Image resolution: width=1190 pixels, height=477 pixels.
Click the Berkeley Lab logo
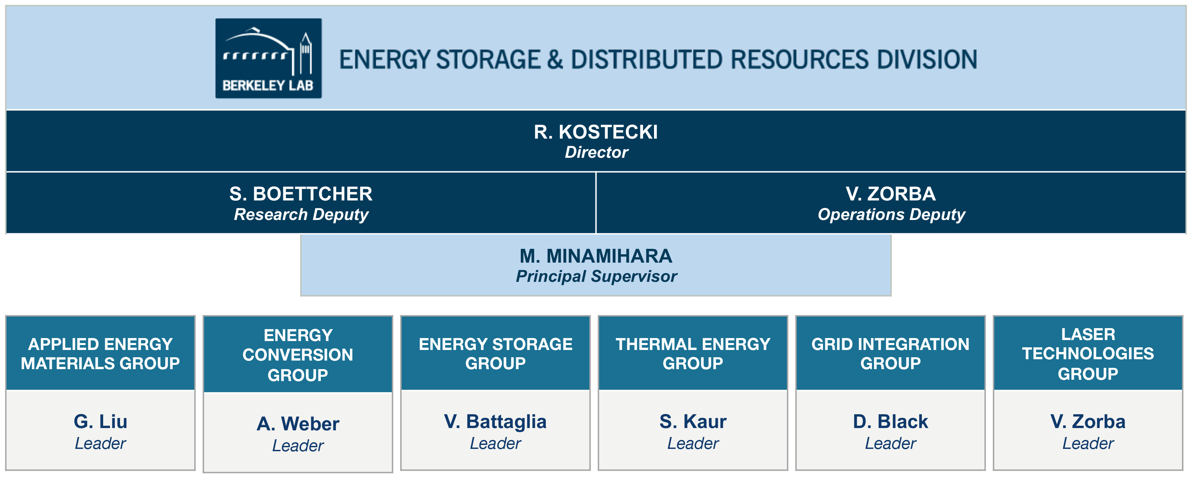point(268,58)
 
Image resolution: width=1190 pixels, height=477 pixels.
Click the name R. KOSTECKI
point(595,132)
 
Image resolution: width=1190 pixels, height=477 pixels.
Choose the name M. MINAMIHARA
point(596,256)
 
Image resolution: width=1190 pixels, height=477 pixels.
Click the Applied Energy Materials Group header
point(100,354)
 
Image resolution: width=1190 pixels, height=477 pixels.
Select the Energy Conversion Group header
point(298,355)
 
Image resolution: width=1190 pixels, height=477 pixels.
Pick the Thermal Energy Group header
point(693,354)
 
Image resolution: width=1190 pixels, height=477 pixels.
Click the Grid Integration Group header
point(891,354)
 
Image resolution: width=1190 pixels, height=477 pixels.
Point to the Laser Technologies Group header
point(1088,354)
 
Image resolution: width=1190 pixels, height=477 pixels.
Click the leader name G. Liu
point(100,421)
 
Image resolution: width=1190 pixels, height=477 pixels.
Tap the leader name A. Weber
point(298,424)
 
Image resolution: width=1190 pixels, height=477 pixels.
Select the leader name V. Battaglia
point(495,421)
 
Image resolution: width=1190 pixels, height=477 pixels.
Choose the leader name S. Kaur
point(693,421)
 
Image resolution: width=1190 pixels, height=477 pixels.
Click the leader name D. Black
point(891,421)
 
